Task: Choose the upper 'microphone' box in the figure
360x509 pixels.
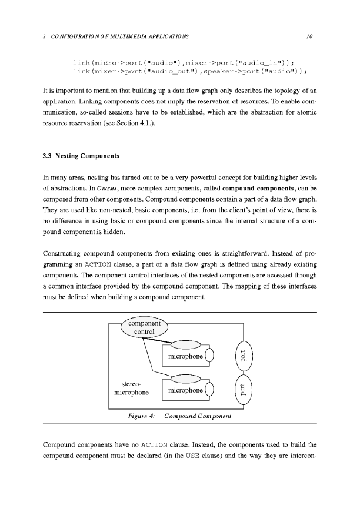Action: coord(186,356)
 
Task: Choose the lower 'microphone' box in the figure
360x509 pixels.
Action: coord(186,390)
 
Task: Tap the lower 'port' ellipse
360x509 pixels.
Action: coord(244,390)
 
